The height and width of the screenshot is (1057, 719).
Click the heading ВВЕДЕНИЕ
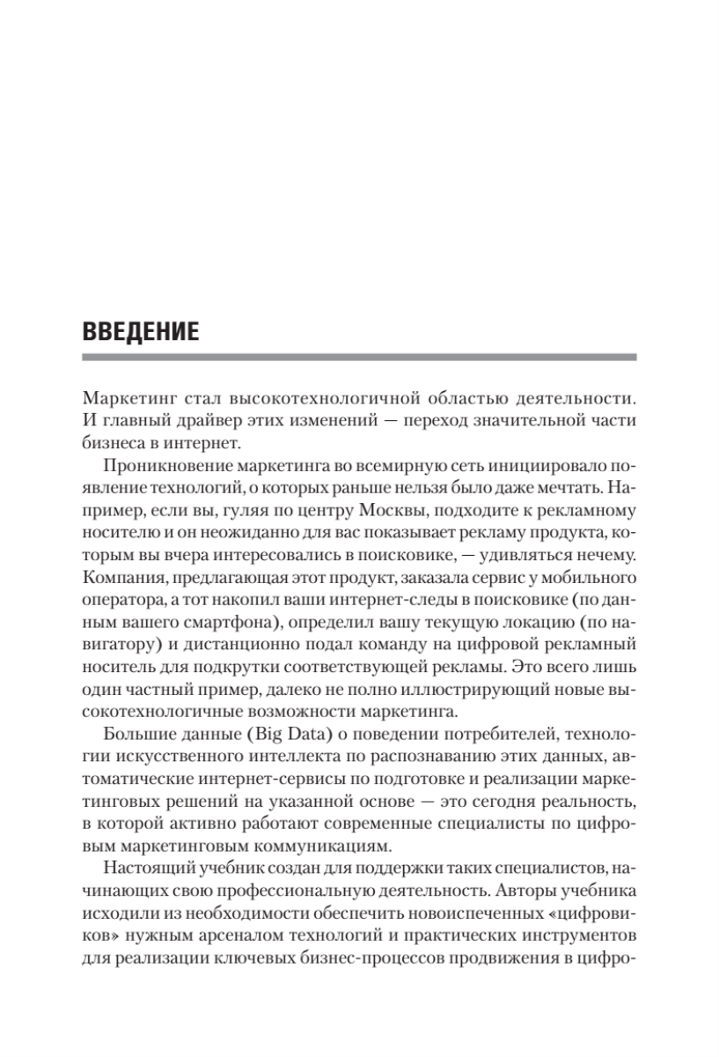(140, 331)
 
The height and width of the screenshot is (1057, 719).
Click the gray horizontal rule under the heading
(358, 358)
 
